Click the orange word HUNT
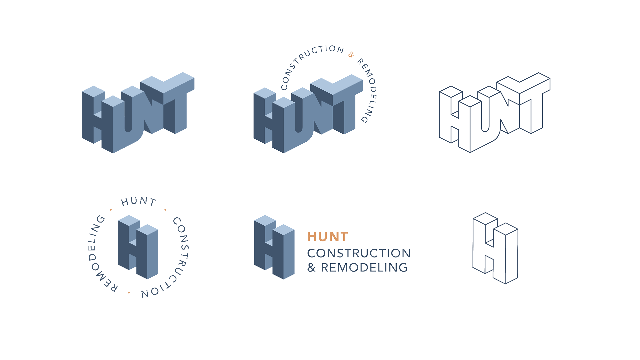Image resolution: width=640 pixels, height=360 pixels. (328, 237)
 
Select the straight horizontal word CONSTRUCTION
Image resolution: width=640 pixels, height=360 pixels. (359, 253)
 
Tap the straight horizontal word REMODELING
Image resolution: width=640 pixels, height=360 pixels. (364, 267)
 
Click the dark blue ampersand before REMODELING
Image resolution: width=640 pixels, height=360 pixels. (311, 267)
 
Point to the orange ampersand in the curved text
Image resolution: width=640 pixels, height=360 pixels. (351, 54)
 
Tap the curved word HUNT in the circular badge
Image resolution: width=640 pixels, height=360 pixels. (138, 201)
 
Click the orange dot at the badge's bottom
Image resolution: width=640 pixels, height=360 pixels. (129, 293)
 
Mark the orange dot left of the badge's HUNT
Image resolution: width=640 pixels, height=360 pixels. (111, 210)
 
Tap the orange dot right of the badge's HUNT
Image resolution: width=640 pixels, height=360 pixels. (165, 210)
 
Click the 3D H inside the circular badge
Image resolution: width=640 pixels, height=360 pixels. (138, 247)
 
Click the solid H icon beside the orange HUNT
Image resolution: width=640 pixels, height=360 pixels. (274, 247)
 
